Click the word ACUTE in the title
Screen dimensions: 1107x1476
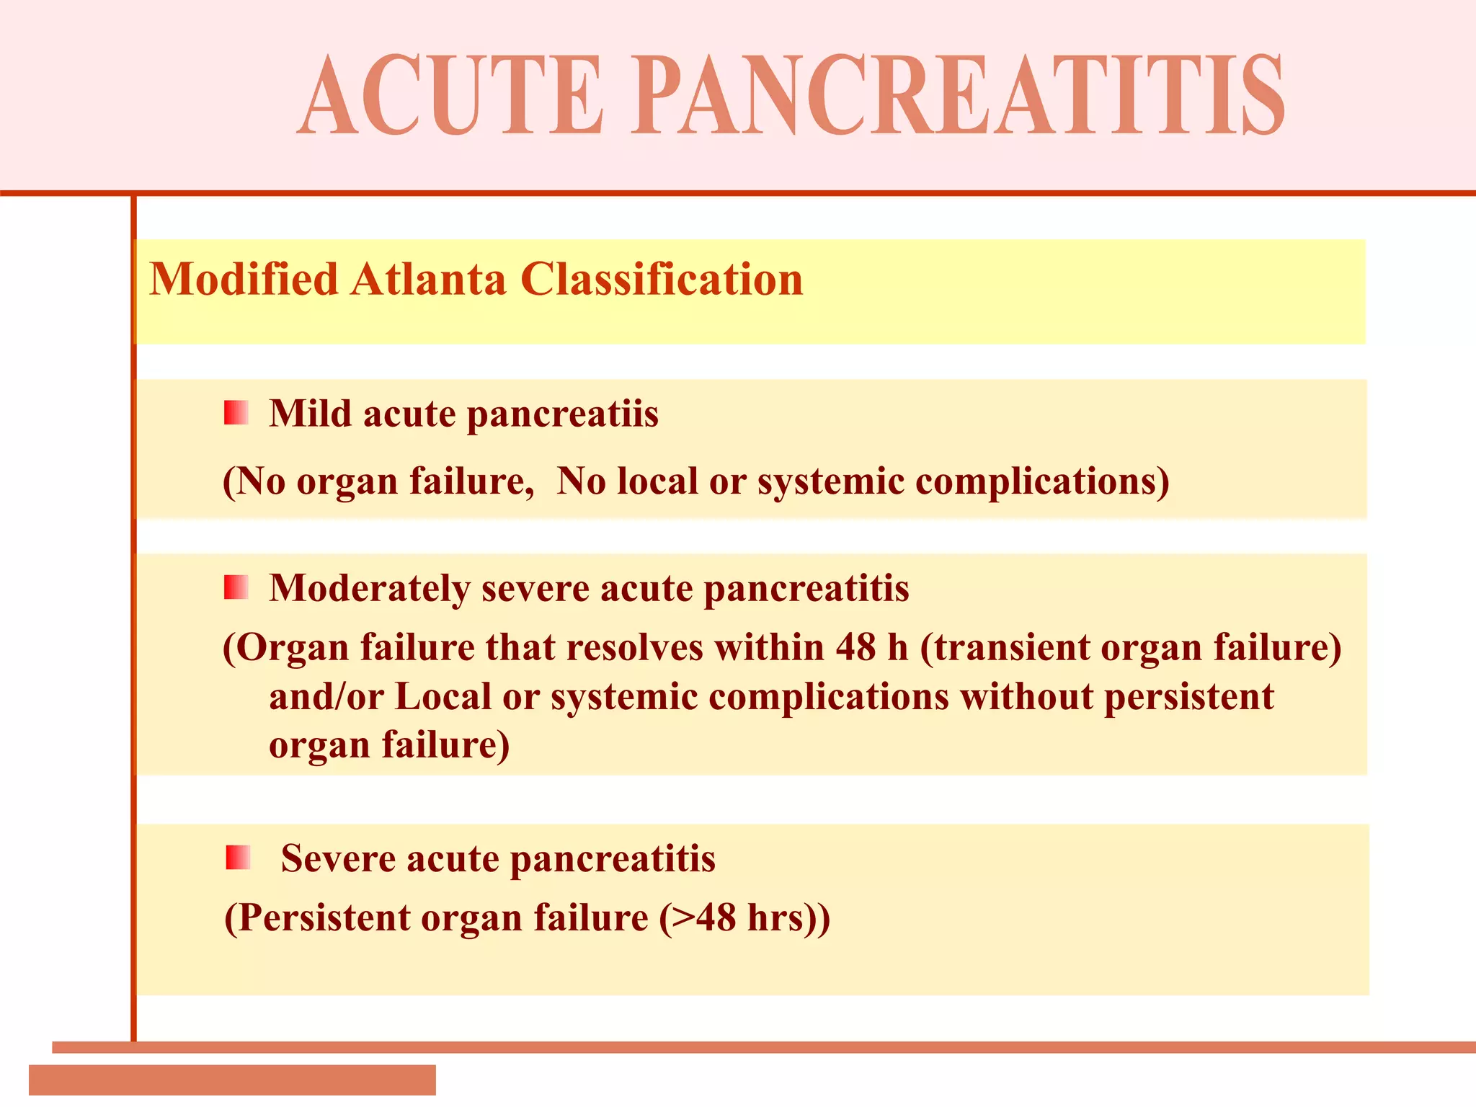pos(451,95)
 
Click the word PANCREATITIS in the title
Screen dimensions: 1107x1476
pos(959,95)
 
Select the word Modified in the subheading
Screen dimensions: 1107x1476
pos(244,279)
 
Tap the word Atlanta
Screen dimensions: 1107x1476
pos(429,279)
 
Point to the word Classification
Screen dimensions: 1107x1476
pos(662,279)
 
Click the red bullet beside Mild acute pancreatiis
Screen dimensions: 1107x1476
pos(236,413)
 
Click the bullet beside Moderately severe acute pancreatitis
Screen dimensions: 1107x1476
pos(236,587)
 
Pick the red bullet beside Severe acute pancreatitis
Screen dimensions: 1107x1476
pos(237,858)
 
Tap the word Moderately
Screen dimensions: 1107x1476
pos(369,589)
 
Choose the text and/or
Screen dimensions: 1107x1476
pos(326,697)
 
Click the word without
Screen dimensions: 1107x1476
pos(1026,697)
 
